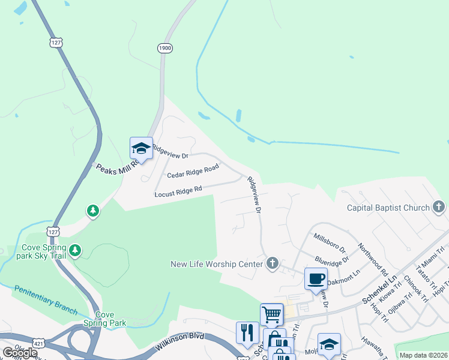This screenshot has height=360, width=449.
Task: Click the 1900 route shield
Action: [165, 48]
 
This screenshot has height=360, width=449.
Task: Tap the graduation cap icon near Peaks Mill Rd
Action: [140, 148]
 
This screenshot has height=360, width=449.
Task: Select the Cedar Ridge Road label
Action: [193, 172]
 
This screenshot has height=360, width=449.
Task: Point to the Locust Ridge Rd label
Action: [178, 191]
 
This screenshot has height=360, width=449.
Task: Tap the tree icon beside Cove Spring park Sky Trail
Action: [75, 250]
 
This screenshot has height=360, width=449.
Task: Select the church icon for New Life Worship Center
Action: [273, 263]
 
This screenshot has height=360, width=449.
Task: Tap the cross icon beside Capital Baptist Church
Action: [439, 208]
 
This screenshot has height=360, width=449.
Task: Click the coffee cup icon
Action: [316, 278]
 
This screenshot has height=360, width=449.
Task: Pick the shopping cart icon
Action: [271, 314]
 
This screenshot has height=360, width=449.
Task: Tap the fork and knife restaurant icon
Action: [247, 332]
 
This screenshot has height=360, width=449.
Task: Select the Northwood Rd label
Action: [373, 259]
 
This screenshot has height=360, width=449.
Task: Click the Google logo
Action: [20, 353]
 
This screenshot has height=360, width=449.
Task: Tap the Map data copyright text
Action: [423, 355]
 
